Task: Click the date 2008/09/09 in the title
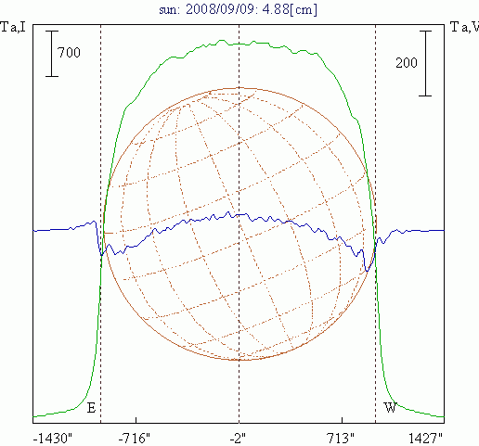tap(222, 9)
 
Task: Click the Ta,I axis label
tap(13, 27)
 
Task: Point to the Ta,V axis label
tap(464, 27)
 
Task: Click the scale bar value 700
tap(69, 53)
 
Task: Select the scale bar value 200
tap(407, 63)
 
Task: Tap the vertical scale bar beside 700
tap(52, 54)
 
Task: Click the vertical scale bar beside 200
tap(425, 63)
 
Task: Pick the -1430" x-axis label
tap(52, 439)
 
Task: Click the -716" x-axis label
tap(135, 439)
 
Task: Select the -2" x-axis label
tap(238, 439)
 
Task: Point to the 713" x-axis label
tap(341, 439)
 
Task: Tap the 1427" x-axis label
tap(425, 439)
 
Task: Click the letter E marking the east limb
tap(91, 408)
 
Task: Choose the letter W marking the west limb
tap(390, 408)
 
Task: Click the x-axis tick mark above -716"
tap(136, 420)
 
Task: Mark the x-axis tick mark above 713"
tap(342, 420)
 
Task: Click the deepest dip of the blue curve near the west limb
tap(367, 271)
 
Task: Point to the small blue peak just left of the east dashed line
tap(94, 222)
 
